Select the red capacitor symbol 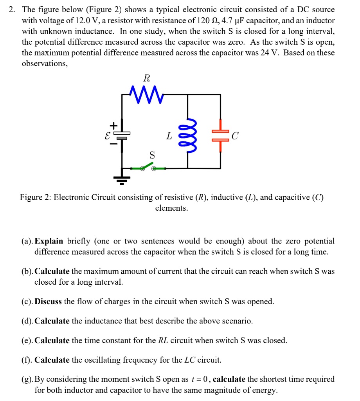tap(220, 135)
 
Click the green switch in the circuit tap(148, 168)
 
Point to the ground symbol tap(122, 179)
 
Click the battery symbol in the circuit tap(122, 135)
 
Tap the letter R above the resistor tap(147, 78)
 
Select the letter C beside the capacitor tap(234, 136)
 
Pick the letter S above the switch tap(152, 155)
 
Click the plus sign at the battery tap(113, 126)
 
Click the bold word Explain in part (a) tap(49, 241)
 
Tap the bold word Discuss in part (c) tap(48, 302)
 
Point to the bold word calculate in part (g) tap(229, 379)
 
